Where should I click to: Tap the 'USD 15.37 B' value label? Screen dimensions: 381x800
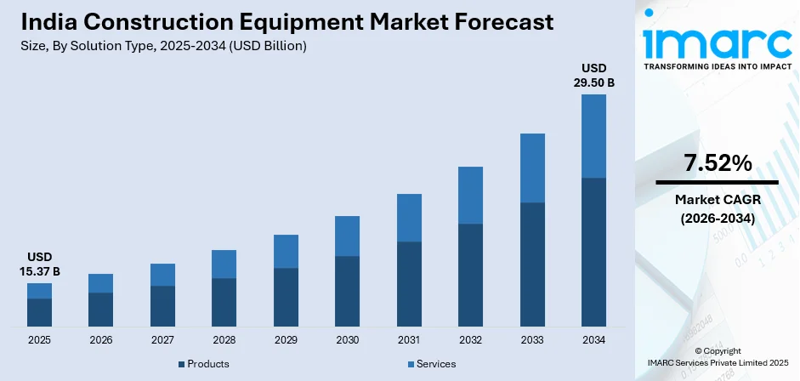(x=39, y=264)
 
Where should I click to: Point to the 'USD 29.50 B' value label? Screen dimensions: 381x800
(x=593, y=75)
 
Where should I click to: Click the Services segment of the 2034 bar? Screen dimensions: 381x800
(x=593, y=136)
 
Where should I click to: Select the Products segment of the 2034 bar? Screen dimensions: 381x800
(x=593, y=252)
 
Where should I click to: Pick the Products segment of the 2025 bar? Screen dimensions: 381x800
(x=39, y=312)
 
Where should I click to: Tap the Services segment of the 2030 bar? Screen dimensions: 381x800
(x=347, y=236)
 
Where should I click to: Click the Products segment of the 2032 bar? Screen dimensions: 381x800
(x=470, y=275)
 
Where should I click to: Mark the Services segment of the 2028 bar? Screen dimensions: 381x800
(x=224, y=264)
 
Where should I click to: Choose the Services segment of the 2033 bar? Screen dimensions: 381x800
(x=532, y=168)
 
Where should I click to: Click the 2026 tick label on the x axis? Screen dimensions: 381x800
(x=100, y=340)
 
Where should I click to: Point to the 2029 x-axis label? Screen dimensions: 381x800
(x=286, y=340)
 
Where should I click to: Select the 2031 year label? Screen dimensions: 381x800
(x=409, y=340)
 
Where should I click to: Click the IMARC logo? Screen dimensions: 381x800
(x=716, y=43)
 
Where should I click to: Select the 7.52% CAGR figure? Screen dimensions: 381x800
(x=717, y=163)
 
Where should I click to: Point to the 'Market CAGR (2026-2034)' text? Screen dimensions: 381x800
(x=717, y=208)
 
